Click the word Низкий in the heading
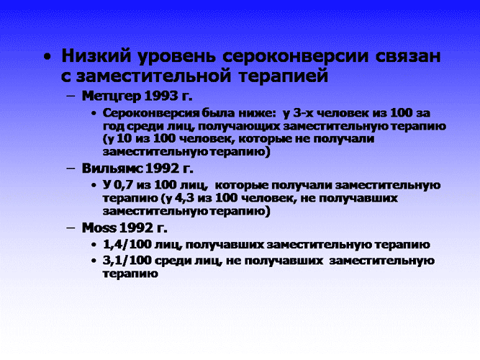point(96,55)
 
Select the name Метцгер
point(112,96)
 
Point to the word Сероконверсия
point(151,113)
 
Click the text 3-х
point(303,113)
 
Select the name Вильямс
point(112,168)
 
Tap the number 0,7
point(124,185)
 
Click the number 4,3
point(185,198)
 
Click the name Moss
point(99,228)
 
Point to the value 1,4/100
point(127,245)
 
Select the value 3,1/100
point(127,261)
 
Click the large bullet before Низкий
point(47,57)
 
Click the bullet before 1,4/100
point(94,245)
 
